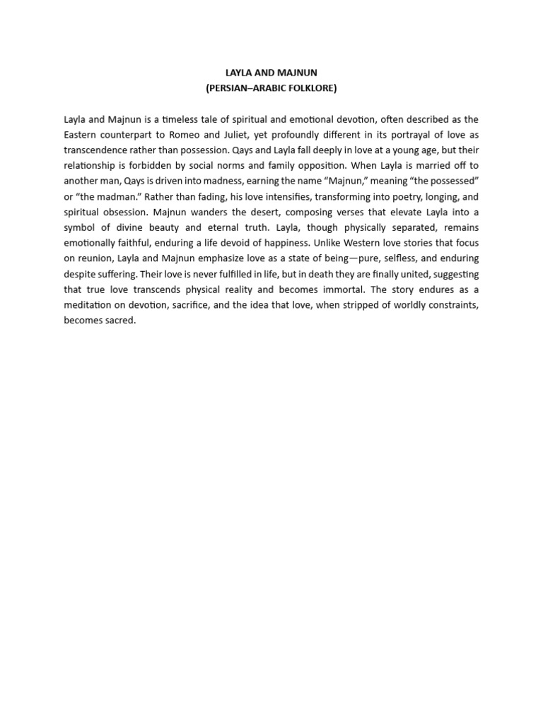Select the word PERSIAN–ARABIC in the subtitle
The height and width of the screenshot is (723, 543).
[242, 88]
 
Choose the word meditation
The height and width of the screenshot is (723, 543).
[90, 304]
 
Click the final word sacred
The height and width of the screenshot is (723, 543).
[119, 320]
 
